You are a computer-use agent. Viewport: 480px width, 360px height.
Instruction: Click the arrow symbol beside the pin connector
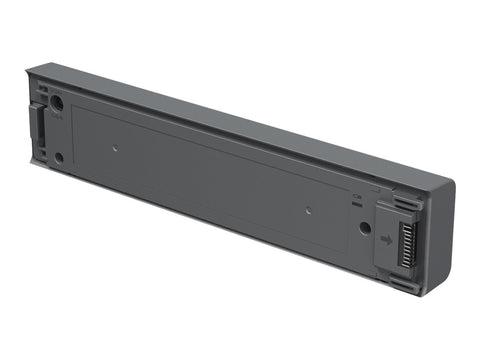(386, 240)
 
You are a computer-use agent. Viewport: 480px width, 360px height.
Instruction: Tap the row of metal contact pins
(404, 243)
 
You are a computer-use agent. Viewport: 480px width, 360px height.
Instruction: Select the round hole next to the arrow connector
(365, 227)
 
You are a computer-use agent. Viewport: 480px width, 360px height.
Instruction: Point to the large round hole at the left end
(57, 102)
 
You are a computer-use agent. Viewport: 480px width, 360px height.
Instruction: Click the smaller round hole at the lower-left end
(59, 157)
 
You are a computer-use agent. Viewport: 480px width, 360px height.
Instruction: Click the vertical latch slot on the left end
(40, 130)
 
